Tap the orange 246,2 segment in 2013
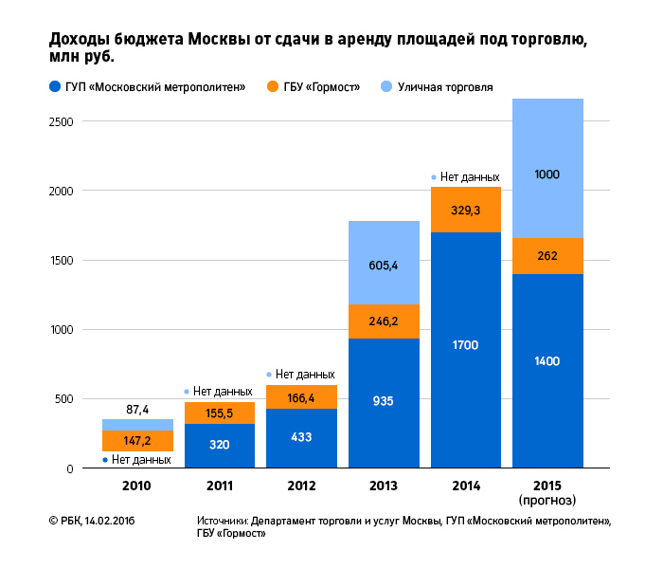(x=384, y=321)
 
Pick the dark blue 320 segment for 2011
(x=220, y=446)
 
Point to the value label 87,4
(x=137, y=409)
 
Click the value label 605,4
(x=384, y=266)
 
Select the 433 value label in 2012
(x=301, y=438)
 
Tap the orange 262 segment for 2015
(x=547, y=256)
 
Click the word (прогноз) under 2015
(x=547, y=499)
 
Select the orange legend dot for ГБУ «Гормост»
(x=274, y=87)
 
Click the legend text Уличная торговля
(x=445, y=87)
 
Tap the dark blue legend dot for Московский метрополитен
(x=54, y=87)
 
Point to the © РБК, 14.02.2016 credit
(x=92, y=522)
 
